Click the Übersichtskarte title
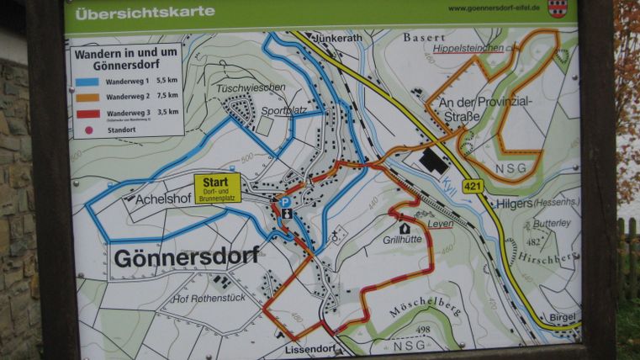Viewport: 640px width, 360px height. [x=145, y=13]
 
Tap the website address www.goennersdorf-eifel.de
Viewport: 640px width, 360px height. [x=494, y=8]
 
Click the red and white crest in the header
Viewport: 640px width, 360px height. [x=557, y=8]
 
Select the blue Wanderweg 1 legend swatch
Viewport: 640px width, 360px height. [x=87, y=82]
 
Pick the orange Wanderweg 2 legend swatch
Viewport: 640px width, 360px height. [x=87, y=98]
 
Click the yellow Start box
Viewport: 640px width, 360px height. [x=217, y=188]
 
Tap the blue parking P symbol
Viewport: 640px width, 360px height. [x=285, y=202]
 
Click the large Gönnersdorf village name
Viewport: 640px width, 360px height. [x=185, y=257]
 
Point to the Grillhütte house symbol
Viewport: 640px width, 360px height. [x=404, y=228]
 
